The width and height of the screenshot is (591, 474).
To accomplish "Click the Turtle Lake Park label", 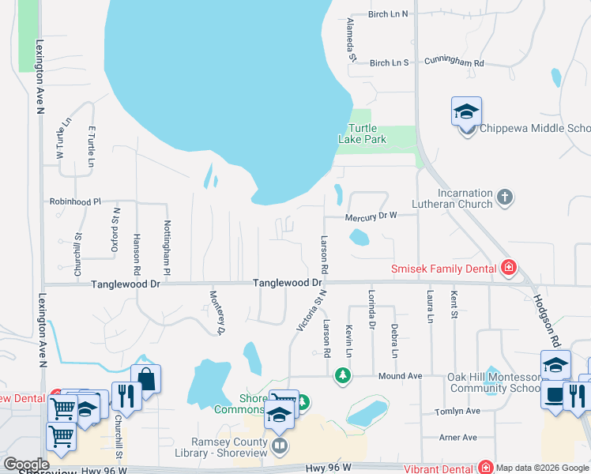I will pyautogui.click(x=363, y=134).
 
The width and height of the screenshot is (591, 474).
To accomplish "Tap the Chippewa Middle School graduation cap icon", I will pyautogui.click(x=466, y=111).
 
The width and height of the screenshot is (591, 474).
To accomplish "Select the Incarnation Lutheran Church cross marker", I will pyautogui.click(x=506, y=196).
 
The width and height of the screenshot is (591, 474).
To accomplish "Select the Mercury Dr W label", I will pyautogui.click(x=371, y=216).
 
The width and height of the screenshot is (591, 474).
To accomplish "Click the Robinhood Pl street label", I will pyautogui.click(x=76, y=201).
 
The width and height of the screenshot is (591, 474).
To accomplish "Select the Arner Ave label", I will pyautogui.click(x=458, y=437).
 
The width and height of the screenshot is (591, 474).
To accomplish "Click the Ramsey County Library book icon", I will pyautogui.click(x=279, y=447).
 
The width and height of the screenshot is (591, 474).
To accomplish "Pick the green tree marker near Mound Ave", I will pyautogui.click(x=342, y=374).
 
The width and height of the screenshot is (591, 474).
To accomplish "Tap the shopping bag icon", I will pyautogui.click(x=145, y=378).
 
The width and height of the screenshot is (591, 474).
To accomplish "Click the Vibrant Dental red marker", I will pyautogui.click(x=484, y=468).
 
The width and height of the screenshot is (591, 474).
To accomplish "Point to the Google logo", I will pyautogui.click(x=26, y=465).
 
